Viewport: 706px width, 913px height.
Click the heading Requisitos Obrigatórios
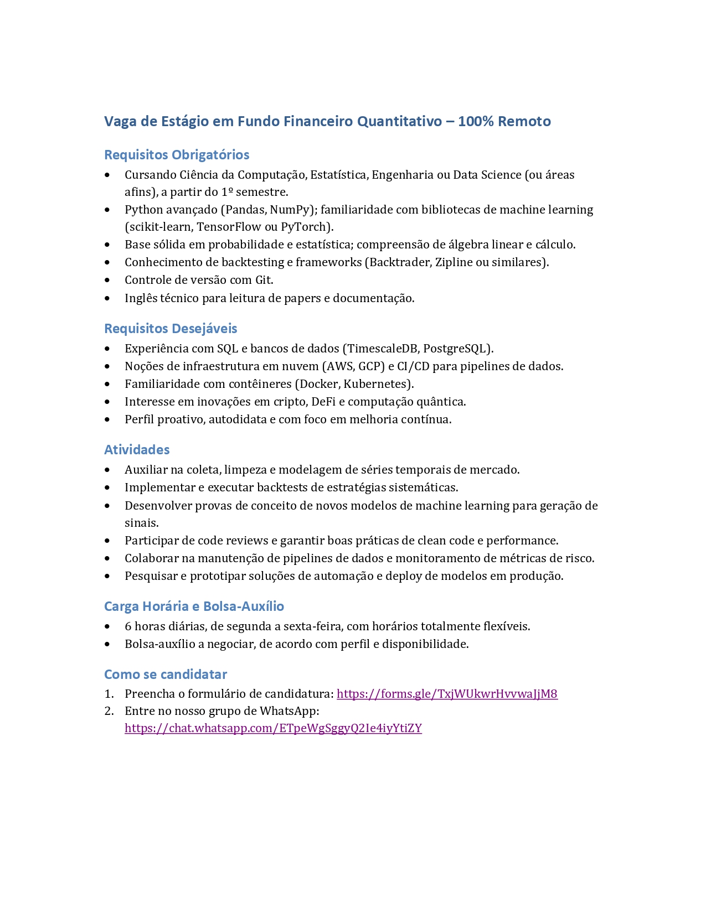pyautogui.click(x=177, y=155)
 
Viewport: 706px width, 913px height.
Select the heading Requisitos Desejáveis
pyautogui.click(x=171, y=329)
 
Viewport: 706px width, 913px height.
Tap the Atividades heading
pyautogui.click(x=137, y=450)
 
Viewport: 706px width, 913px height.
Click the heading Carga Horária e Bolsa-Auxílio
pyautogui.click(x=194, y=606)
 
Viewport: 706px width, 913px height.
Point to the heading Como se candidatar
pyautogui.click(x=166, y=675)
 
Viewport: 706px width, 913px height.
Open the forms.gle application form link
pyautogui.click(x=447, y=694)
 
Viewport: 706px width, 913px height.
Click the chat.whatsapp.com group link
pyautogui.click(x=273, y=728)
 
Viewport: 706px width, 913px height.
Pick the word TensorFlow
pyautogui.click(x=229, y=227)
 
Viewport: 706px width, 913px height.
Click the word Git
pyautogui.click(x=263, y=280)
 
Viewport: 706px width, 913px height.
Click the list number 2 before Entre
pyautogui.click(x=108, y=711)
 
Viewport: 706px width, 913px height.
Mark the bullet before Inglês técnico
pyautogui.click(x=107, y=298)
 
